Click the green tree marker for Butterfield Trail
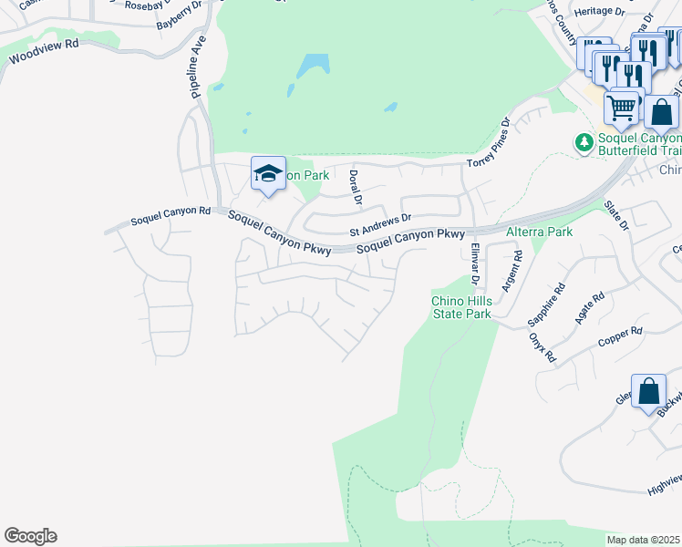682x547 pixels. pyautogui.click(x=582, y=142)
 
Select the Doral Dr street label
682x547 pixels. pyautogui.click(x=356, y=187)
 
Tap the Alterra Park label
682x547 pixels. pyautogui.click(x=539, y=232)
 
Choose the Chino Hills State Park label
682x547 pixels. pyautogui.click(x=461, y=308)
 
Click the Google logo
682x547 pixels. pyautogui.click(x=30, y=536)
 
